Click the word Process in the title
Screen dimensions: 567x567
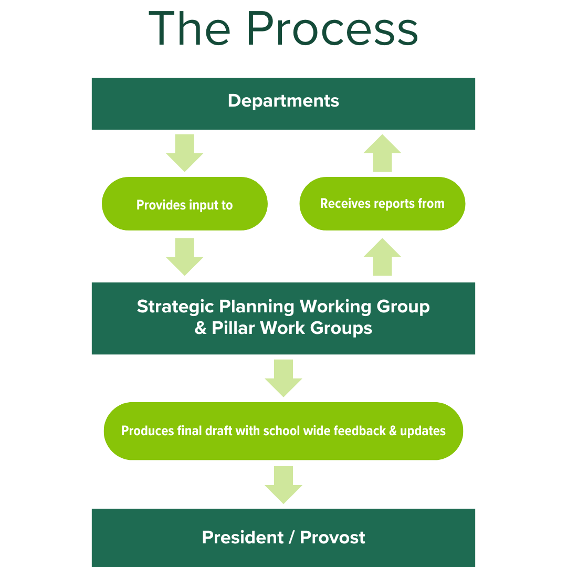(332, 29)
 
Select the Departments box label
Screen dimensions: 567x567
(283, 101)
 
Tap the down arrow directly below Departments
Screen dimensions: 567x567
(184, 152)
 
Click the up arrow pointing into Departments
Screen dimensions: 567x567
(382, 153)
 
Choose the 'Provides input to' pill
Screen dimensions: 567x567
(184, 204)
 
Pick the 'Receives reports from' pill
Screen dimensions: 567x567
(382, 204)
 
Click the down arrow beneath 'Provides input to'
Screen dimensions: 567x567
(184, 256)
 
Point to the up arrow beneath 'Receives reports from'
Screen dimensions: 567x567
(382, 257)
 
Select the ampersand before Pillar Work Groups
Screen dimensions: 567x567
(201, 329)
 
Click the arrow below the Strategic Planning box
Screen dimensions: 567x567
(283, 377)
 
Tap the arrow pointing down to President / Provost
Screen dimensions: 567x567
(283, 484)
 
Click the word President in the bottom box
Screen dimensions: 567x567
(243, 538)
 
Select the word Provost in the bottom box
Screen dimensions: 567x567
(332, 538)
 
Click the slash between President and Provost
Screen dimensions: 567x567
(291, 538)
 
